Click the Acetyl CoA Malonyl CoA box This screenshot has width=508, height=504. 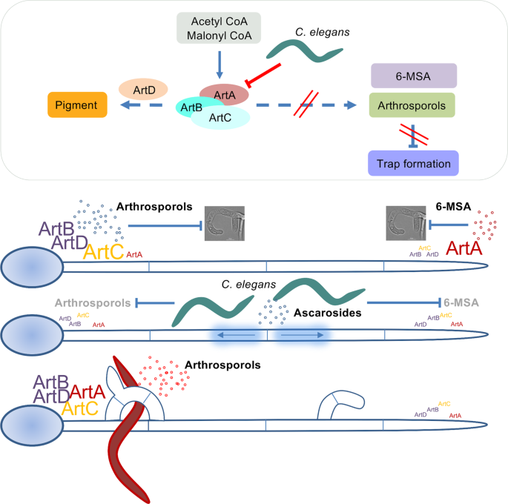216,27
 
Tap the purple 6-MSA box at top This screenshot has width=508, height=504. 412,76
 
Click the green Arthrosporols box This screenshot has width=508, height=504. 412,105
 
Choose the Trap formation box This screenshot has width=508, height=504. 412,161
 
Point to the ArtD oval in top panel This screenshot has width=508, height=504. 143,90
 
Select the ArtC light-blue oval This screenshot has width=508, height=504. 220,116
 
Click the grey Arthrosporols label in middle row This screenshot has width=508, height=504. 92,302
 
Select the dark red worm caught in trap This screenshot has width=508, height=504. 125,430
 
